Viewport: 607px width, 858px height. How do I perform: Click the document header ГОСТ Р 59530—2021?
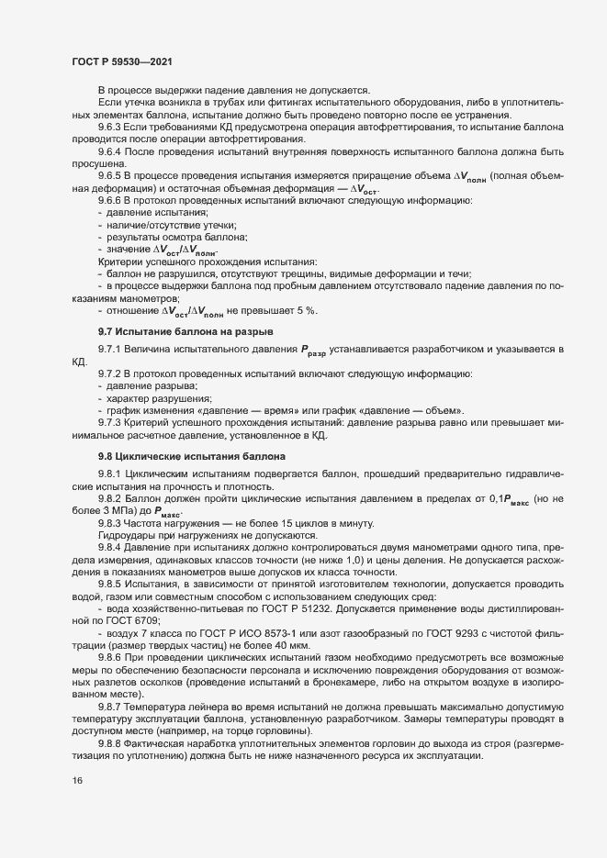point(119,60)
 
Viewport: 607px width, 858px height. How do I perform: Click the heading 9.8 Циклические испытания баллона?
point(193,456)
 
